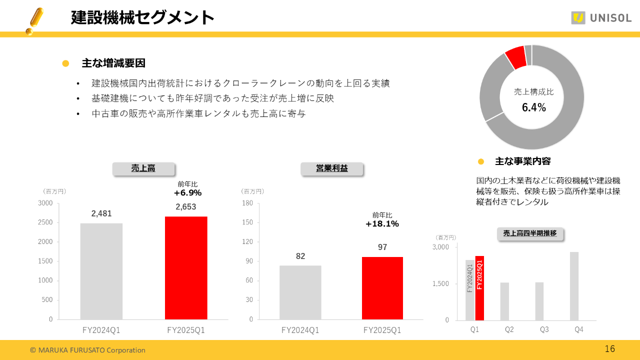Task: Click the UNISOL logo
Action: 601,18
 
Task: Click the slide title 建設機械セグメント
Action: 142,18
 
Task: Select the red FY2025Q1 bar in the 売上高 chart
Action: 186,268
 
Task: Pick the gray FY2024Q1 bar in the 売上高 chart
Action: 101,271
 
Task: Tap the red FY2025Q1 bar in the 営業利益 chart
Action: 382,288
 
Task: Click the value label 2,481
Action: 101,213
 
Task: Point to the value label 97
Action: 382,247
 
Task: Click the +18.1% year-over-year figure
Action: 382,224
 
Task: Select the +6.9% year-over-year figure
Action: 187,193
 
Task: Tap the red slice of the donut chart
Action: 515,58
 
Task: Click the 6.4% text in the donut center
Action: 534,107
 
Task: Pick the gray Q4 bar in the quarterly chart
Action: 574,286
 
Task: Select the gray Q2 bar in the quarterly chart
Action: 504,301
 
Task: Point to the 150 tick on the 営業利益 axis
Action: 248,222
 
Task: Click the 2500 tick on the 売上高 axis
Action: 45,222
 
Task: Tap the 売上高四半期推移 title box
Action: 530,233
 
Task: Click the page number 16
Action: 609,349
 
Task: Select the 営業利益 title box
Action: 332,168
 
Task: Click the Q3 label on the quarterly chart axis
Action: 544,329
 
